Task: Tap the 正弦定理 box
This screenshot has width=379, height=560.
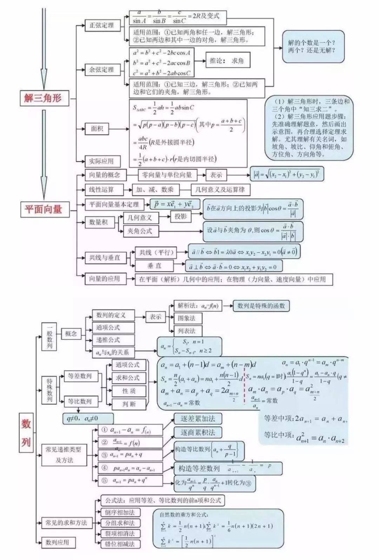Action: pyautogui.click(x=102, y=25)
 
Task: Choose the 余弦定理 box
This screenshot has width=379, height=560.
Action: pyautogui.click(x=102, y=69)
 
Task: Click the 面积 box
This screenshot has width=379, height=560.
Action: pyautogui.click(x=97, y=129)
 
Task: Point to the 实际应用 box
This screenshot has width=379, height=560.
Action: pyautogui.click(x=101, y=161)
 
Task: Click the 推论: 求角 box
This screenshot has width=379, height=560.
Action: pyautogui.click(x=227, y=61)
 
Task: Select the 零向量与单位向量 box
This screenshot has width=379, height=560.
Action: pyautogui.click(x=162, y=175)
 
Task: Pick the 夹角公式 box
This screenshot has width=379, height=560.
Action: pyautogui.click(x=140, y=231)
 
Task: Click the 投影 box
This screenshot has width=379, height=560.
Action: pyautogui.click(x=181, y=216)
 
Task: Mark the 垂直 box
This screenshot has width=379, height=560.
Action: pyautogui.click(x=154, y=266)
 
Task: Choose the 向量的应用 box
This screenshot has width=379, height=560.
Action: pyautogui.click(x=104, y=279)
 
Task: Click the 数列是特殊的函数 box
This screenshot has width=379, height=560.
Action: pyautogui.click(x=261, y=306)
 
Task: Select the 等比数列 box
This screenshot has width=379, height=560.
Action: pyautogui.click(x=80, y=401)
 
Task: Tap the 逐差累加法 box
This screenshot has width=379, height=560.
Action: pyautogui.click(x=198, y=419)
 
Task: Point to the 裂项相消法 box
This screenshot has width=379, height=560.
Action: pyautogui.click(x=120, y=534)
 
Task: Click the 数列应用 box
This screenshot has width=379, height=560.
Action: pyautogui.click(x=58, y=542)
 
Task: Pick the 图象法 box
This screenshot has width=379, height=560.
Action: pyautogui.click(x=186, y=318)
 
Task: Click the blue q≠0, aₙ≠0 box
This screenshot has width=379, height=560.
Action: pyautogui.click(x=88, y=418)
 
